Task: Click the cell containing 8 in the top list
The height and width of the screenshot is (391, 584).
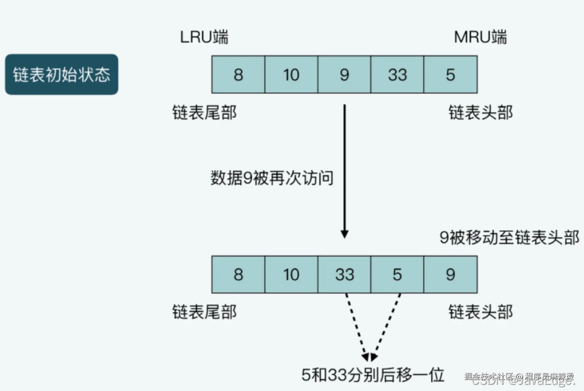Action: (238, 75)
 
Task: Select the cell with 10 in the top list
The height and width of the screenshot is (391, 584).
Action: (291, 75)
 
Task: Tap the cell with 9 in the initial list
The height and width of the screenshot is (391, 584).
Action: (344, 75)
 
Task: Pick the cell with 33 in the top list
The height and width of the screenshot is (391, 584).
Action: (397, 75)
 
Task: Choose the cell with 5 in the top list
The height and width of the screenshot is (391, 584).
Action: (450, 75)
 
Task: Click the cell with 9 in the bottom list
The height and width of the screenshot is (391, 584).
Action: (450, 274)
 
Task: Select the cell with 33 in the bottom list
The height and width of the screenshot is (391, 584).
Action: (344, 274)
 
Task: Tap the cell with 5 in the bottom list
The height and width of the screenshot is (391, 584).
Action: (397, 274)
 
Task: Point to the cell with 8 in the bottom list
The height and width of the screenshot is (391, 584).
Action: (238, 274)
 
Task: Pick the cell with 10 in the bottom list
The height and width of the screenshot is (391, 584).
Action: (291, 274)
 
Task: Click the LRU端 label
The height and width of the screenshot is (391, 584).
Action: (204, 37)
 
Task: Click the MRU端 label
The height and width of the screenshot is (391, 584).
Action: (480, 37)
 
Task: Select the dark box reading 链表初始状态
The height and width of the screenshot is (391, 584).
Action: (61, 75)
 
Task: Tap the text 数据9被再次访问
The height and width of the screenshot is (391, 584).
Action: (272, 178)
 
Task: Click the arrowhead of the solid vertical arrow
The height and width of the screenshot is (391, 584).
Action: (344, 234)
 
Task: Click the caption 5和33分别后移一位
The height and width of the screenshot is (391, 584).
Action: (372, 375)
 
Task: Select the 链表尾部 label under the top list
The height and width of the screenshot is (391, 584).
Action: (204, 113)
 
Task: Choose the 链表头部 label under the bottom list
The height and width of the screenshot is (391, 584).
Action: (480, 312)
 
